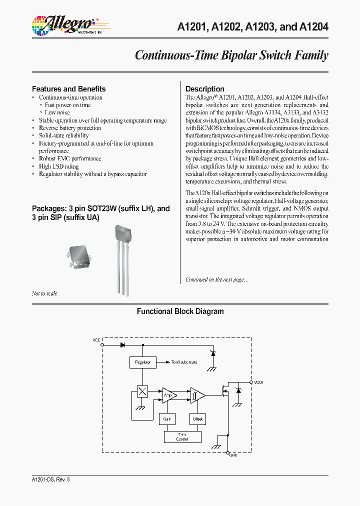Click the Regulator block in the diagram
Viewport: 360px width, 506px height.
142,362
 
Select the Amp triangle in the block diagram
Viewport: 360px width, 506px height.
168,396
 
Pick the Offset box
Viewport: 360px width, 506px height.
197,418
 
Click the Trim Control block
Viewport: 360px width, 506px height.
182,436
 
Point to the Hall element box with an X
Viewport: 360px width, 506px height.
142,391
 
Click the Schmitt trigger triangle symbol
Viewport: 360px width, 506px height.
196,396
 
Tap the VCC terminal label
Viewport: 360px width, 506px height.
96,340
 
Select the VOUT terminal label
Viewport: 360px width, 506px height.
258,382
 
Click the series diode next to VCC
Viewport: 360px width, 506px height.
122,344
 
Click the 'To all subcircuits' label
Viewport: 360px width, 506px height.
184,362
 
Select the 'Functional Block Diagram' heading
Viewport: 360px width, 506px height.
180,311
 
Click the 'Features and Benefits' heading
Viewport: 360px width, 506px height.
68,89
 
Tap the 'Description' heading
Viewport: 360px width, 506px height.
205,89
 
